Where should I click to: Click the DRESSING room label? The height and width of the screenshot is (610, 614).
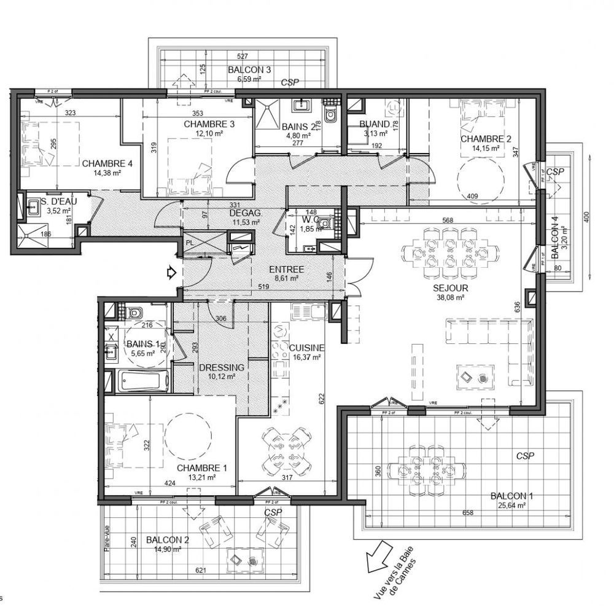[x=222, y=367]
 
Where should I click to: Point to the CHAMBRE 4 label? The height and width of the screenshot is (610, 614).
[x=107, y=163]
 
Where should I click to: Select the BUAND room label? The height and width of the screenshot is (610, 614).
[x=375, y=123]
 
